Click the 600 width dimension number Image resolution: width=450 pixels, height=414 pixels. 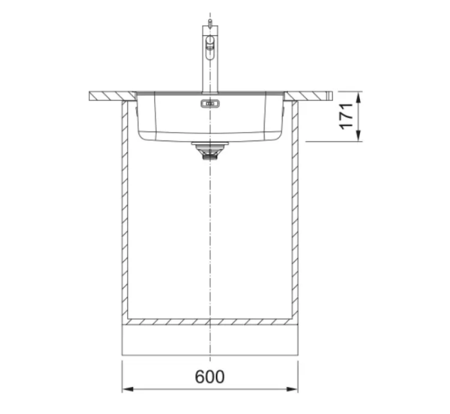click(210, 377)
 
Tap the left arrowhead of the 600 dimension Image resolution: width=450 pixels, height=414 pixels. click(128, 390)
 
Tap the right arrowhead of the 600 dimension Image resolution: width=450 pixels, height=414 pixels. click(292, 390)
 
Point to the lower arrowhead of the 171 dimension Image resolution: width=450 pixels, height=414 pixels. click(358, 136)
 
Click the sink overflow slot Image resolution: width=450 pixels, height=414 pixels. click(210, 104)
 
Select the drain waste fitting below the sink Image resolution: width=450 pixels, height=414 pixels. click(210, 151)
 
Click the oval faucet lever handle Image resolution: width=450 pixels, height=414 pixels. click(210, 48)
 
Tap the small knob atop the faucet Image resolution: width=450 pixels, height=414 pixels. click(210, 23)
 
